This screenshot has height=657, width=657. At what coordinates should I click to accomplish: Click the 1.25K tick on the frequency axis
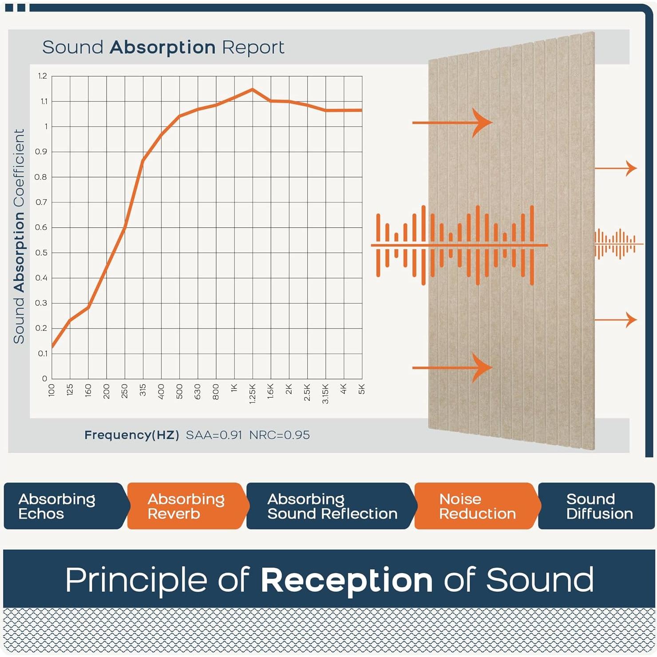[253, 393]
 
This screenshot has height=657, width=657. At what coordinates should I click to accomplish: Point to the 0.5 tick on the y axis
[41, 253]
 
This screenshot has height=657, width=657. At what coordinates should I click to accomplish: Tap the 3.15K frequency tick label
[325, 394]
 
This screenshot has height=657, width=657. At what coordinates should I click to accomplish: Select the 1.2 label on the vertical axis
[43, 76]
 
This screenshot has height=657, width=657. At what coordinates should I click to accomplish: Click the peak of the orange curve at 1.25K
[253, 89]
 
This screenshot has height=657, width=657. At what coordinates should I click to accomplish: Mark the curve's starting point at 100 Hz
[52, 347]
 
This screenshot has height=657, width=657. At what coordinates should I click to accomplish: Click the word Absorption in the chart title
[162, 47]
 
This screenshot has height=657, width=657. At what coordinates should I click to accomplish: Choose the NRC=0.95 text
[279, 435]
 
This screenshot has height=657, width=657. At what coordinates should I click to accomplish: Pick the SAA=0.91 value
[214, 435]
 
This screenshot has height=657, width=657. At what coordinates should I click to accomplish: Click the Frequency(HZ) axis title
[132, 435]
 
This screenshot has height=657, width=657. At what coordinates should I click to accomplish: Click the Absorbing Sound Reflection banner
[331, 506]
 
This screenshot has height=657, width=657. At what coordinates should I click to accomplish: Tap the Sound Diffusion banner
[597, 506]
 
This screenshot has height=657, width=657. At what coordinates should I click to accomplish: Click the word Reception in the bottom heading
[346, 580]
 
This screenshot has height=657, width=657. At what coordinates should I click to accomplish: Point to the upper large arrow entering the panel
[452, 122]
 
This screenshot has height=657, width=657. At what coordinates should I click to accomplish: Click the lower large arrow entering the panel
[452, 368]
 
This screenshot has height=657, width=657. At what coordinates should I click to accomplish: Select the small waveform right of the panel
[618, 244]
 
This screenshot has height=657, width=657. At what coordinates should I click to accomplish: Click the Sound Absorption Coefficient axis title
[19, 236]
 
